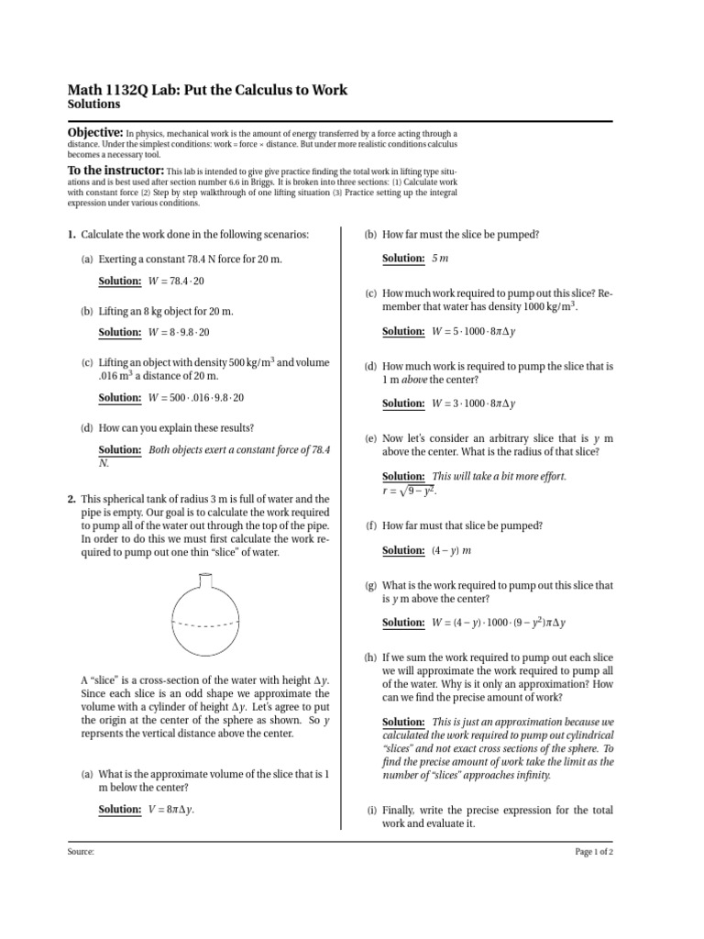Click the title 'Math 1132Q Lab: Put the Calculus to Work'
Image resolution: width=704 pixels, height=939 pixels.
[x=207, y=90]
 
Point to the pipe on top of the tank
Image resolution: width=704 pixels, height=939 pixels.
[x=205, y=580]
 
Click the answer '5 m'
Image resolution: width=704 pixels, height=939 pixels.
[x=441, y=260]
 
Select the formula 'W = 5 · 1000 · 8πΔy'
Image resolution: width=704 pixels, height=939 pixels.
[x=474, y=331]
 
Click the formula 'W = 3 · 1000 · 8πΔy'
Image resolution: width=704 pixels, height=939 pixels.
[x=474, y=403]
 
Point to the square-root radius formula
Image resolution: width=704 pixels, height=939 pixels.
[x=411, y=492]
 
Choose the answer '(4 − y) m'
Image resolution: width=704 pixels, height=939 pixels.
[x=451, y=550]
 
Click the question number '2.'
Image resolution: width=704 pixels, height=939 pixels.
[x=71, y=499]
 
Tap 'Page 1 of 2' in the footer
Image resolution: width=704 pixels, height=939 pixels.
[x=594, y=852]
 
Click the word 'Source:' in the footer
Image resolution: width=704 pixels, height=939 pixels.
[x=81, y=852]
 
